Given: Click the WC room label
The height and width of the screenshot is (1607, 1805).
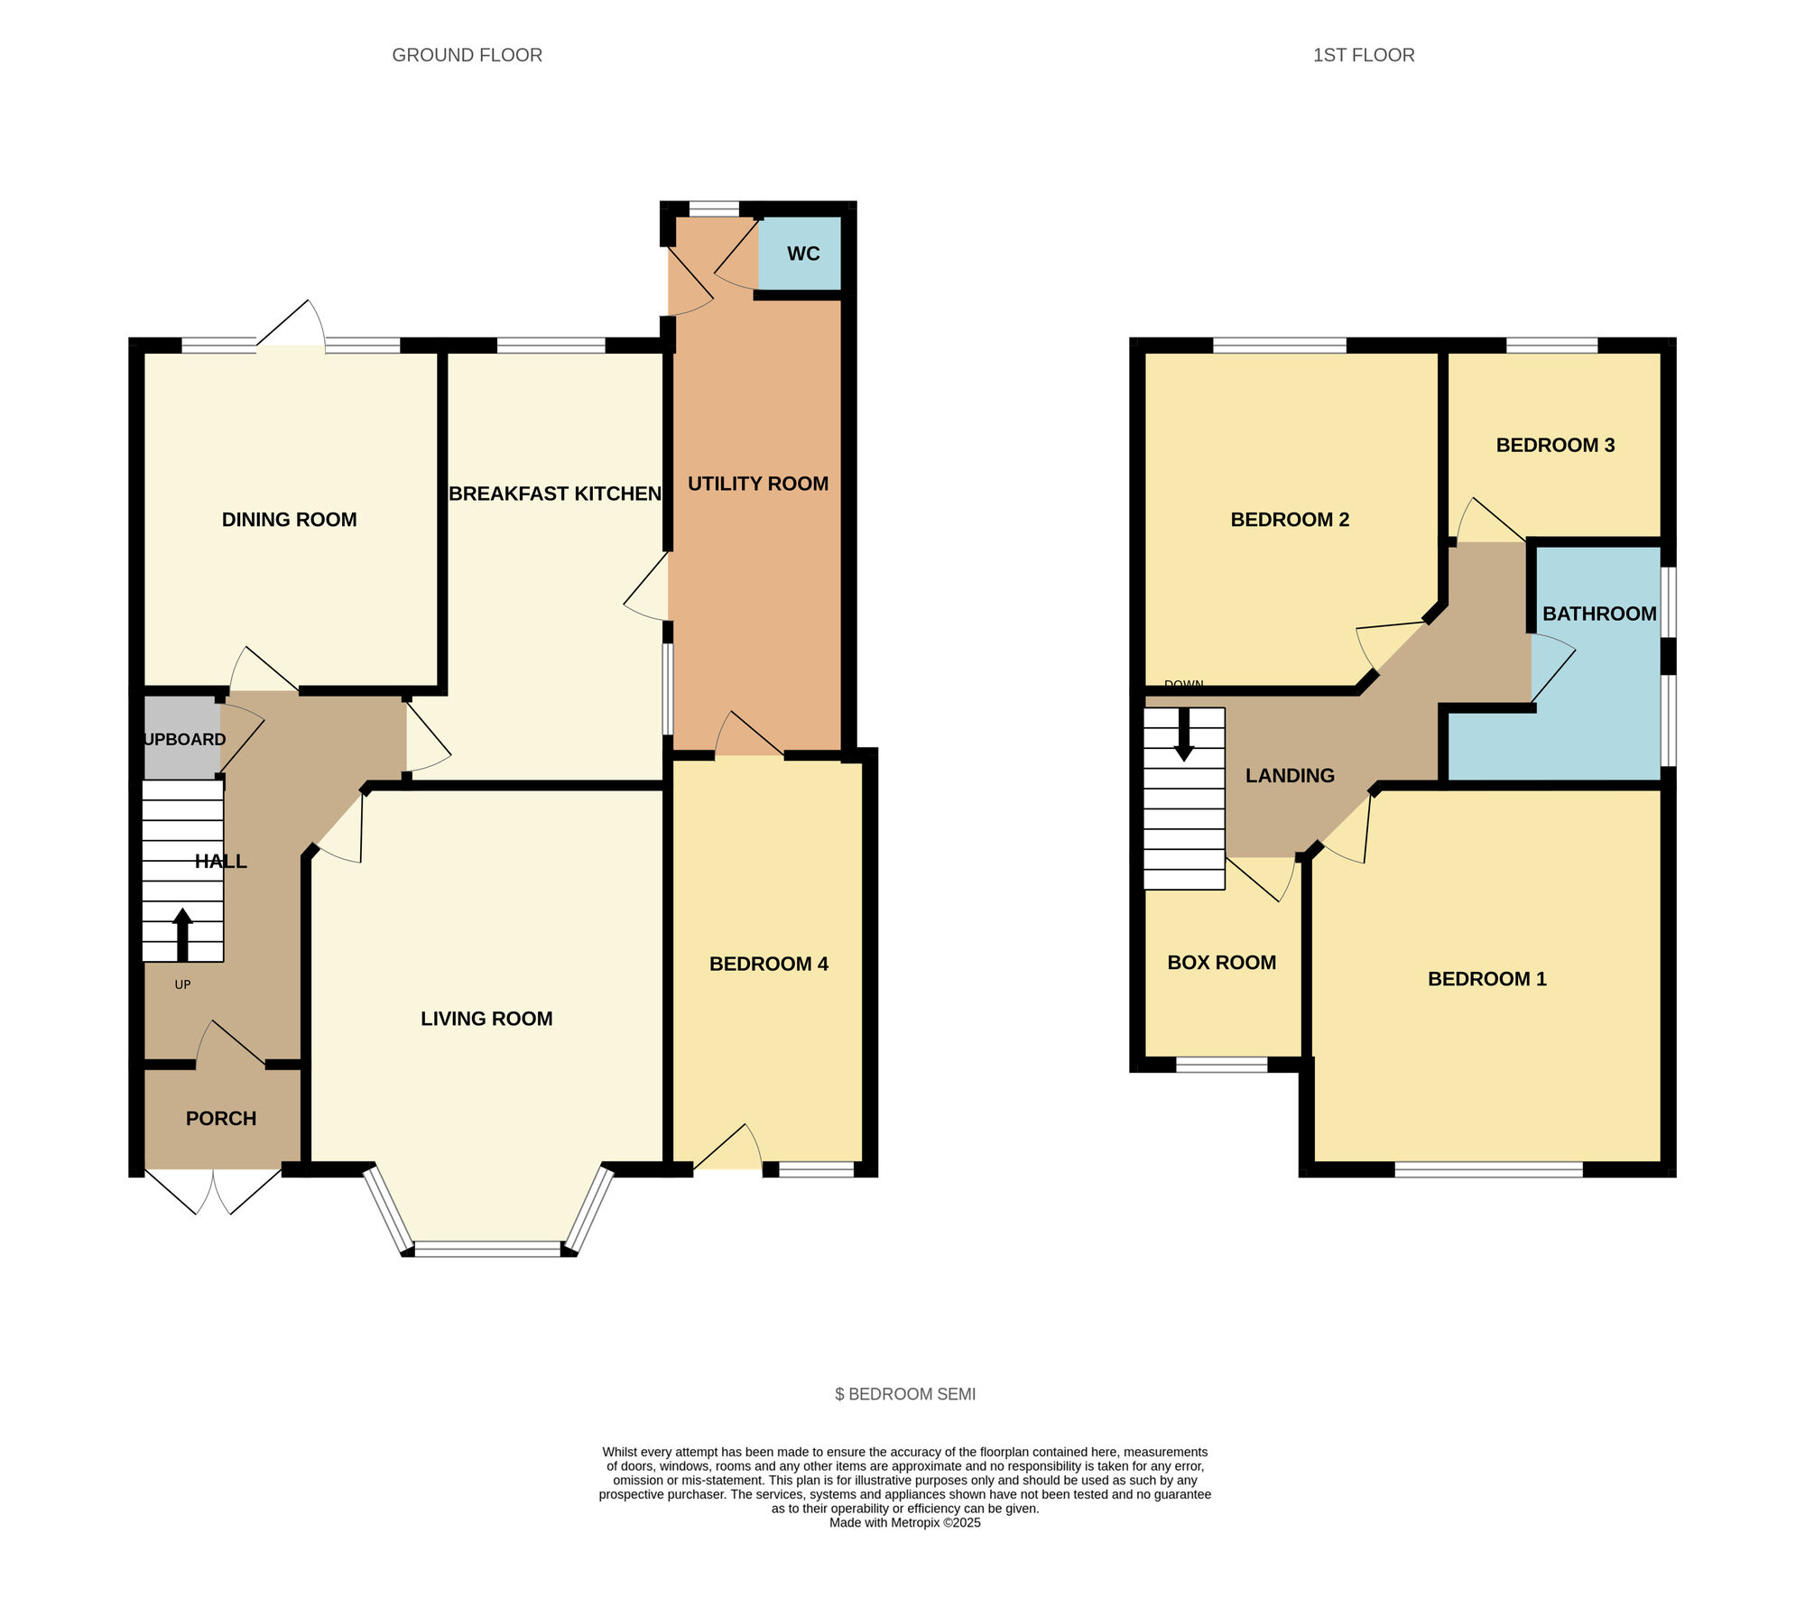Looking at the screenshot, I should pos(802,254).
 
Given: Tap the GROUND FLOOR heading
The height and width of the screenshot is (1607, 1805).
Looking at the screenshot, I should pos(467,55).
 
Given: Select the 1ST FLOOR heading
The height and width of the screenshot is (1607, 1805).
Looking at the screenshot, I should pos(1363,55).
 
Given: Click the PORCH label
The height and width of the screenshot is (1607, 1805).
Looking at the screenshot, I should pos(221,1119).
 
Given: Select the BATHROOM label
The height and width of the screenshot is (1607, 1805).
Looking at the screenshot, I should pos(1598,614).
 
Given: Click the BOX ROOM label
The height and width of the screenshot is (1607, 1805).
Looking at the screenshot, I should pos(1221,963).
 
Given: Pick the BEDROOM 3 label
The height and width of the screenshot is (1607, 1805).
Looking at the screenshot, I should pos(1554,445).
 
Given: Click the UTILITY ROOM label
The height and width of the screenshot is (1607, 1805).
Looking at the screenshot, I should pos(757,484).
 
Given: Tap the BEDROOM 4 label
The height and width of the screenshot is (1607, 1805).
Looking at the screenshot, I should pos(768,964).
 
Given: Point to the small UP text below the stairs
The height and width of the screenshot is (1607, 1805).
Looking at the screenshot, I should pos(182,984).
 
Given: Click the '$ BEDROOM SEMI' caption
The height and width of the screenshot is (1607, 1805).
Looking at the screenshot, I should pos(904,1394).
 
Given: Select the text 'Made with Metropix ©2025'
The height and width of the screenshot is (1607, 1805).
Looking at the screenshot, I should pos(904,1522).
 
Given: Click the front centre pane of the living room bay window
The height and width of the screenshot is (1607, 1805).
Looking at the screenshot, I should pos(487,1249).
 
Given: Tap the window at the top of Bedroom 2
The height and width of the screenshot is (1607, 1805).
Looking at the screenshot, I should pos(1279,345).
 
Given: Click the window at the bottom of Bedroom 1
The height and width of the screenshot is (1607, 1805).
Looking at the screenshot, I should pos(1488,1170).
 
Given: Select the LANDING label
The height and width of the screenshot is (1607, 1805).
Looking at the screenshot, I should pos(1289,776).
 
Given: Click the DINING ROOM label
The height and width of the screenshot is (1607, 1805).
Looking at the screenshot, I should pos(289,520).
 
